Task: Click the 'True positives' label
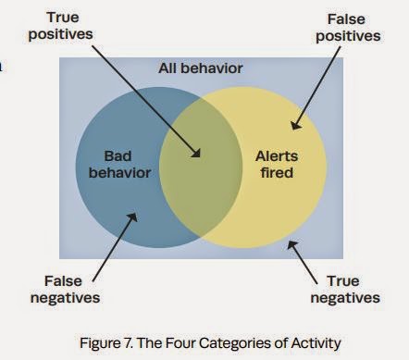(x=60, y=26)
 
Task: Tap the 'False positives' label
(x=348, y=28)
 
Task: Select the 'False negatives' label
(x=65, y=290)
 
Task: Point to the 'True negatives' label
(x=345, y=290)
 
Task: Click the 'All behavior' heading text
(x=201, y=68)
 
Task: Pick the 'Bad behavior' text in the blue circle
(x=119, y=165)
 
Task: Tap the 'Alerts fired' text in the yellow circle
(x=277, y=165)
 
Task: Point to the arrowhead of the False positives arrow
(x=295, y=124)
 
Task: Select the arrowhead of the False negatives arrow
(x=132, y=217)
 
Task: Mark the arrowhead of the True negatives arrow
(x=291, y=245)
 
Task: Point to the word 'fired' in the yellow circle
(x=277, y=172)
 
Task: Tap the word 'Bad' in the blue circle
(x=118, y=155)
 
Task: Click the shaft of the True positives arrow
(x=145, y=100)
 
